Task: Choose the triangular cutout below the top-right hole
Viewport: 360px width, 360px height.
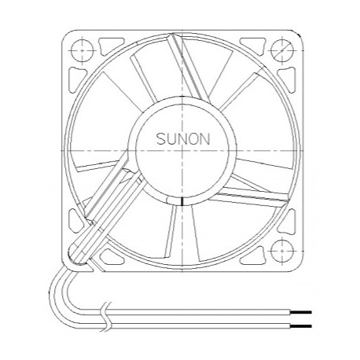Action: pyautogui.click(x=285, y=75)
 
